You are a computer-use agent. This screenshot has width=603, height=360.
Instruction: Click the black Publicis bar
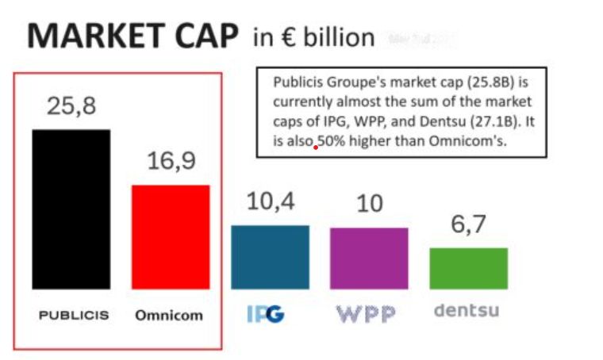[71, 209]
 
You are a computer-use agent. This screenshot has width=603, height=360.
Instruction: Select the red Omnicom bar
[170, 236]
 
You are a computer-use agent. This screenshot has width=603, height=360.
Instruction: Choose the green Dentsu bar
[468, 268]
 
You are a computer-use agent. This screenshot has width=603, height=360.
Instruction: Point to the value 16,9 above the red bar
[171, 161]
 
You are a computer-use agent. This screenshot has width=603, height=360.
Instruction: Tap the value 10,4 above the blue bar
[271, 201]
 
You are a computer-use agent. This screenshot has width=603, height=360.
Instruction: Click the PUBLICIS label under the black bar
[74, 315]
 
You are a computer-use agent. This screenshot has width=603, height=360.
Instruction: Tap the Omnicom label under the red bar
[168, 315]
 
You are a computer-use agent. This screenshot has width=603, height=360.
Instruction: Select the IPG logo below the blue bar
[265, 314]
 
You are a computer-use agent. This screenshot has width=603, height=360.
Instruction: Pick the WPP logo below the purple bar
[366, 314]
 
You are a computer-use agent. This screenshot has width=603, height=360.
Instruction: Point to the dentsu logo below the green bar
[467, 310]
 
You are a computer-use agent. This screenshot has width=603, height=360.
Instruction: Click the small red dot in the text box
[317, 147]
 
